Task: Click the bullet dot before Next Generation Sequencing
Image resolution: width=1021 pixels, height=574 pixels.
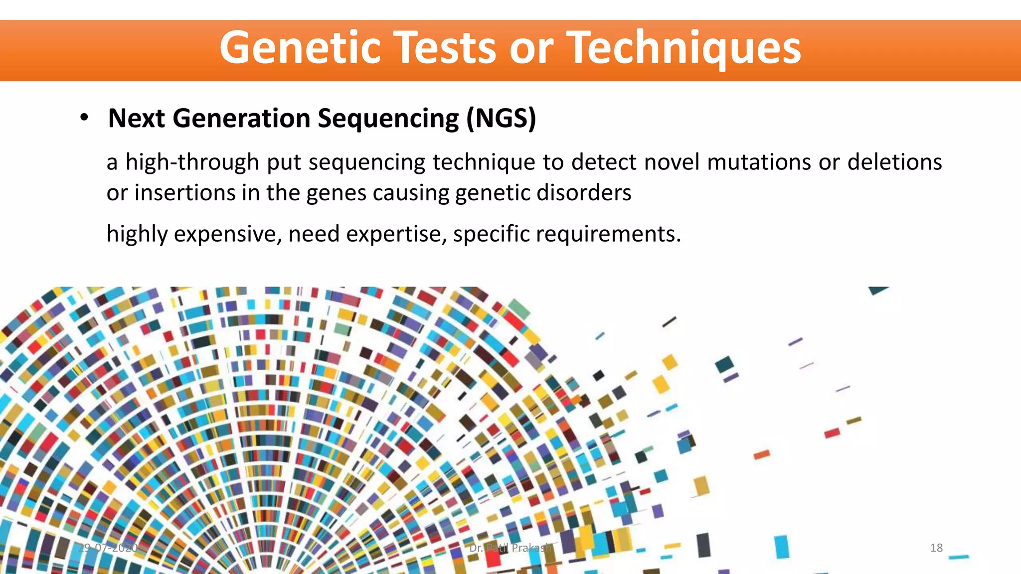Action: [x=84, y=118]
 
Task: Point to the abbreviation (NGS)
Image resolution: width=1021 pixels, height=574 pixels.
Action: [x=501, y=118]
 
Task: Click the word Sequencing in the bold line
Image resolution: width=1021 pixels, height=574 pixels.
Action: [x=388, y=118]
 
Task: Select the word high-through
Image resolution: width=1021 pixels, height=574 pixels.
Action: [x=192, y=162]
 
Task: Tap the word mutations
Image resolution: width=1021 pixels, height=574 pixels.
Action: [x=759, y=162]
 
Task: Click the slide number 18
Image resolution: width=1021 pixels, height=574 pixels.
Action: [x=936, y=548]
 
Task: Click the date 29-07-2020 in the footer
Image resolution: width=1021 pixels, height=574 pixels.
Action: [x=109, y=548]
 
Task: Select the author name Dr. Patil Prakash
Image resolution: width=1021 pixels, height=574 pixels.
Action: [x=510, y=548]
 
